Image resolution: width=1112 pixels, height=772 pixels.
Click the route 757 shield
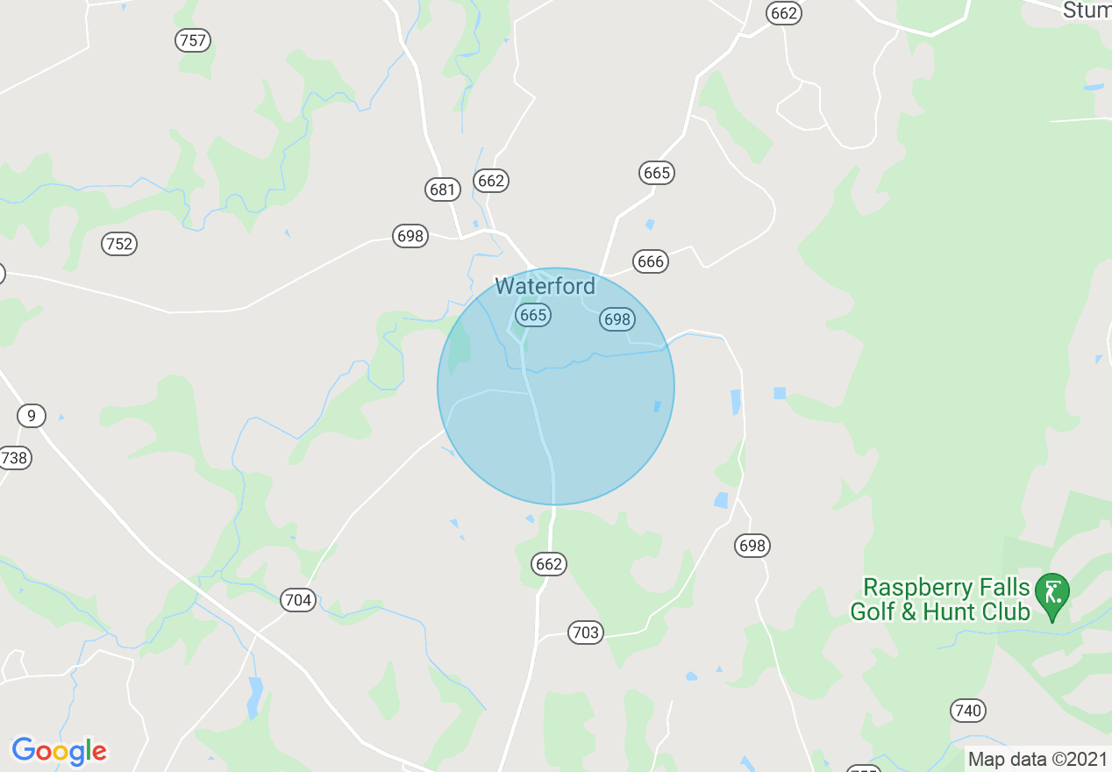pyautogui.click(x=193, y=40)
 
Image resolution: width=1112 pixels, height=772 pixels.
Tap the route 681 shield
pyautogui.click(x=441, y=189)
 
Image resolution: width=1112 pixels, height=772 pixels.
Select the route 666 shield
pyautogui.click(x=651, y=261)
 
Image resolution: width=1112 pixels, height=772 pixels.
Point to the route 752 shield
pyautogui.click(x=119, y=244)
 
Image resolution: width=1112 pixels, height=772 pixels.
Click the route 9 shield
pyautogui.click(x=32, y=415)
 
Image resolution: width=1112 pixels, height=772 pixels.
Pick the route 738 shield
pyautogui.click(x=14, y=457)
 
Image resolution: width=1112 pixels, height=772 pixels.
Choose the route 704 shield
pyautogui.click(x=298, y=600)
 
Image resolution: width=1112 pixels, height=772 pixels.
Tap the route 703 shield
pyautogui.click(x=585, y=633)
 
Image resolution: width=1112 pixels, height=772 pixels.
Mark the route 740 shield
pyautogui.click(x=967, y=710)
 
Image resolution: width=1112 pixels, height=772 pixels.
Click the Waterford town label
pyautogui.click(x=545, y=286)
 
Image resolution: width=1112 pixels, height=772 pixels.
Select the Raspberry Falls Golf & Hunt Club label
pyautogui.click(x=940, y=599)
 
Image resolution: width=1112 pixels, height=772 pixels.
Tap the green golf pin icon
pyautogui.click(x=1051, y=591)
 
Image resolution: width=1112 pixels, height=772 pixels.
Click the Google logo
pyautogui.click(x=59, y=751)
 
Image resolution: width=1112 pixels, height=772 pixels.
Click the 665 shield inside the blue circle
pyautogui.click(x=532, y=315)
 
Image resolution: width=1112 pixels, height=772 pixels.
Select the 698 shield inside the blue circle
pyautogui.click(x=617, y=319)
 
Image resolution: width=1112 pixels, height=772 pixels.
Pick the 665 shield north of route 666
pyautogui.click(x=657, y=173)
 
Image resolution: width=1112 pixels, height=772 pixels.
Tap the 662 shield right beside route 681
pyautogui.click(x=491, y=181)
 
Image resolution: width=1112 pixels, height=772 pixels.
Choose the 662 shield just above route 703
pyautogui.click(x=549, y=564)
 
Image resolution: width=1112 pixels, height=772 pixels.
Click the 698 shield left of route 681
pyautogui.click(x=410, y=235)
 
